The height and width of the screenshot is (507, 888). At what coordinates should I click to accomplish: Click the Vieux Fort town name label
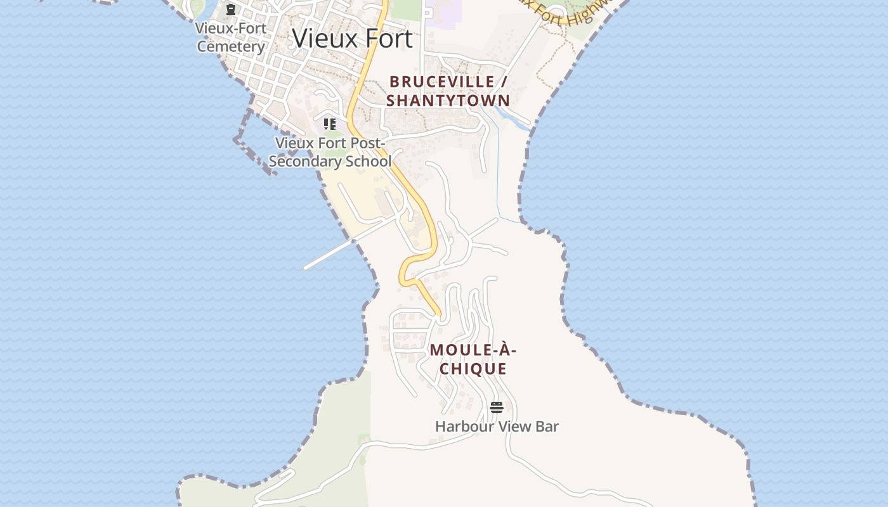(352, 39)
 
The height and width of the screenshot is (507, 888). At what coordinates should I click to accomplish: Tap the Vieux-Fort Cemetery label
(231, 37)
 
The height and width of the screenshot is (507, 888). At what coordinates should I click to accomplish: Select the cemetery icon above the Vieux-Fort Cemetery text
(231, 10)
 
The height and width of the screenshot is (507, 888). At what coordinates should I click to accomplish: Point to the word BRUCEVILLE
(441, 82)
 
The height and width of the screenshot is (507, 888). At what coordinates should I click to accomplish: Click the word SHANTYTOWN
(448, 100)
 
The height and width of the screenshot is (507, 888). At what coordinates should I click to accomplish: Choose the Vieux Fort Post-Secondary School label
(330, 152)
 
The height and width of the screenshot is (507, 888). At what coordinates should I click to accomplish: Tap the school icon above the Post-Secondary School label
(329, 124)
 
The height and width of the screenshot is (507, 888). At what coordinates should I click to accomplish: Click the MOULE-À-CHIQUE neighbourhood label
(473, 359)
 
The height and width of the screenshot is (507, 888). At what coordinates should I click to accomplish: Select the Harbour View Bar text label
(497, 427)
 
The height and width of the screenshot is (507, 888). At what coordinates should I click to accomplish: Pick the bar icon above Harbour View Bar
(497, 408)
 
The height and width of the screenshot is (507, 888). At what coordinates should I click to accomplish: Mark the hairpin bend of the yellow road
(403, 272)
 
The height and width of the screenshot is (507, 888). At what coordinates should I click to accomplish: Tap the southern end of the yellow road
(438, 313)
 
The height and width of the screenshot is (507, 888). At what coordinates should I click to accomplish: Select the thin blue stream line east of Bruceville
(498, 171)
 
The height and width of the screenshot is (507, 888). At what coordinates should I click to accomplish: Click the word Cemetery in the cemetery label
(231, 46)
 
